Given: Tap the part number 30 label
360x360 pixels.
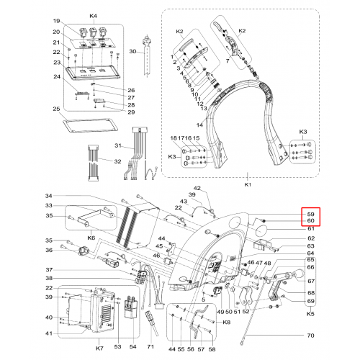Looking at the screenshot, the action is point(132,51).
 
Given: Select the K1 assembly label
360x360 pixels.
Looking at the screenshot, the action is point(248,184).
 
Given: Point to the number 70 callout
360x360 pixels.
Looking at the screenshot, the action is point(310,336).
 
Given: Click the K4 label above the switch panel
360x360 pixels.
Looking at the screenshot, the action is point(94,16).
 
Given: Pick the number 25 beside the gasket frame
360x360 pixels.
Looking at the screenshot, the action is point(56,109).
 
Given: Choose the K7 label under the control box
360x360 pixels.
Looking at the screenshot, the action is point(99,348).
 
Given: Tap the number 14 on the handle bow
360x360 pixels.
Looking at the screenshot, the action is point(199,125).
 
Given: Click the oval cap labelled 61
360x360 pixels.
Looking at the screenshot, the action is point(261,230).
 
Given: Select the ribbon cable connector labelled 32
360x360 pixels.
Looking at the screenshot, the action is point(92,163).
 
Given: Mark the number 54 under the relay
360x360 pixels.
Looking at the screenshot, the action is point(132,346).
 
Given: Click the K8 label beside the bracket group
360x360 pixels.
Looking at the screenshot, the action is point(226,322).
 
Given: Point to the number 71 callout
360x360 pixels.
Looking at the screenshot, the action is point(150,346).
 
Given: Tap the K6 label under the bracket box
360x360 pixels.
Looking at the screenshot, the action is point(91,238).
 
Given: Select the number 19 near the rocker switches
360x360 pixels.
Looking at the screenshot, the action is point(56,21).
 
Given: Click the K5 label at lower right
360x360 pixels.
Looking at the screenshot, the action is point(310,314).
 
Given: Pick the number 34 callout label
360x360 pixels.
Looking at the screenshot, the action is point(49,196).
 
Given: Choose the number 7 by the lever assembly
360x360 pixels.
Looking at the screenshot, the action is point(228,61).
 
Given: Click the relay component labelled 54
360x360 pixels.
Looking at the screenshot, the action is point(131,308).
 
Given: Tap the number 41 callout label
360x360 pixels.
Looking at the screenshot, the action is point(49,333).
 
